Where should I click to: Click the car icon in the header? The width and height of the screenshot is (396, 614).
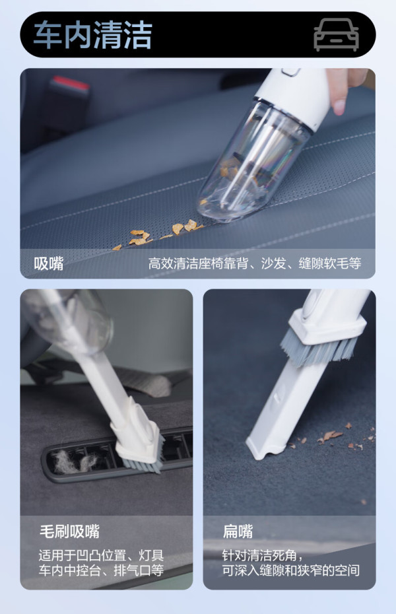[x=336, y=34]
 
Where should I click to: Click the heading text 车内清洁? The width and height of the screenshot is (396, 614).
[x=93, y=35]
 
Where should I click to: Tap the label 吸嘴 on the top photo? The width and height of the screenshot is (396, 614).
[x=49, y=263]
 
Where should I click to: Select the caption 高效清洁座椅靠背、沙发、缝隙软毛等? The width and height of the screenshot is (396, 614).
[x=254, y=263]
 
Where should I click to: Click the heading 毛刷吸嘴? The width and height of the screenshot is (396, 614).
[x=70, y=531]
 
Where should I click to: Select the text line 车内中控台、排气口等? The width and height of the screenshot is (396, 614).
[x=101, y=570]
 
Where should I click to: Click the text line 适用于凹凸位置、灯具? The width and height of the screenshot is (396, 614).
[x=101, y=555]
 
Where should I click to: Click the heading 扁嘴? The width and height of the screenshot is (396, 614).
[x=238, y=531]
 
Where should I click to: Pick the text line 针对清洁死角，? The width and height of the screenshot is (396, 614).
[x=262, y=555]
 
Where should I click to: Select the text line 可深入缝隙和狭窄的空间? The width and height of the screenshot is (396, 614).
[x=291, y=570]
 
